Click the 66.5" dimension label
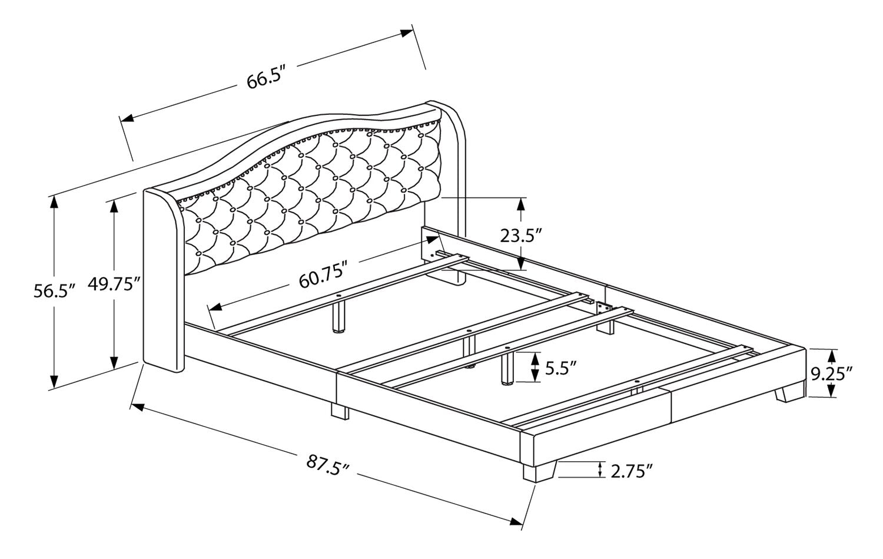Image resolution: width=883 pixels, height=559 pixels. (265, 81)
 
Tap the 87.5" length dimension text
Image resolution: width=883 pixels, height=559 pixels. (327, 467)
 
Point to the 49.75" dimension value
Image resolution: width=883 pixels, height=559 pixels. (114, 283)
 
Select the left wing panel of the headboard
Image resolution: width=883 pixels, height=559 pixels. (164, 280)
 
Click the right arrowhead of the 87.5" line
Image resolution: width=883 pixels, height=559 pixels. (516, 521)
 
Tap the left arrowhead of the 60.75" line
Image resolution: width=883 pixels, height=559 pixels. (216, 306)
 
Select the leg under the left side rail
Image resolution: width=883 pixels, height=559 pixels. (340, 411)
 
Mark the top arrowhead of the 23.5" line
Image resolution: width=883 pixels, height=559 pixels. (521, 204)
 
